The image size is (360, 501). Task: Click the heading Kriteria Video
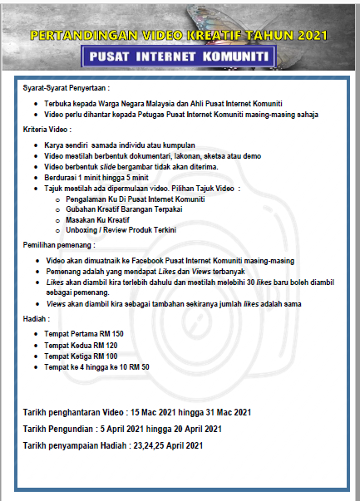coord(47,130)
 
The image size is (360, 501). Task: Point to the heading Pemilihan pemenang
coord(59,245)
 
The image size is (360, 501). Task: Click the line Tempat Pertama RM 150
coord(84,333)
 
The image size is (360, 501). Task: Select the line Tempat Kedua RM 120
coord(81,344)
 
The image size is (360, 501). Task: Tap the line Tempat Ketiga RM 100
coord(81,355)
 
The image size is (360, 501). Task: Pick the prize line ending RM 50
coord(96,366)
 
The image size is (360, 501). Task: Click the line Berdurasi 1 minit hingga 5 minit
coord(96,177)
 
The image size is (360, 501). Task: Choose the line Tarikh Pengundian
coord(122,429)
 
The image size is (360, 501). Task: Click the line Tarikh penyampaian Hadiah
coord(113,446)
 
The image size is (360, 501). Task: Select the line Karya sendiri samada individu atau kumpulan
coord(114,145)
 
